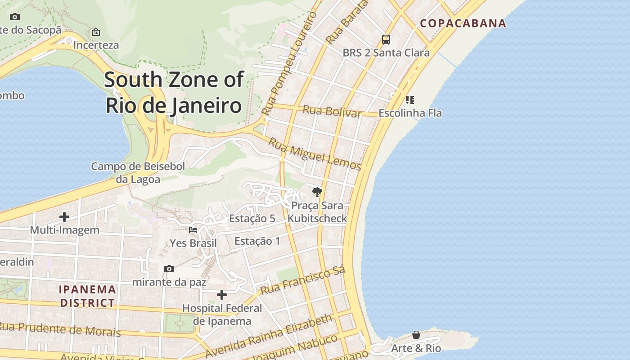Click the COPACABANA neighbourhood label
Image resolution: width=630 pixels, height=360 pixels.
coord(463,23)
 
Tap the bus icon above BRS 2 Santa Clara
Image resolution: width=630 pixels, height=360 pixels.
coord(386,40)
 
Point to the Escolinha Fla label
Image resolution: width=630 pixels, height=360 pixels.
coord(410,113)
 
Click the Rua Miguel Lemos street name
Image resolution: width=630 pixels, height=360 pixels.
coord(315,154)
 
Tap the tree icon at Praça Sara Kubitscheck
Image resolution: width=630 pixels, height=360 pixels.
coord(317,192)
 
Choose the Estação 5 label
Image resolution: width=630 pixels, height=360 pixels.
coord(252,219)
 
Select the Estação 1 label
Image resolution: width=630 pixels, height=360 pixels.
coord(257,241)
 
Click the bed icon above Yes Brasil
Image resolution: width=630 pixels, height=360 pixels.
coord(193,230)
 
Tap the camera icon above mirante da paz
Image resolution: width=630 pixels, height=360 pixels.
coord(169,269)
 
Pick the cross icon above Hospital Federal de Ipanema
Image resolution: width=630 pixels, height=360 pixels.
coord(222,295)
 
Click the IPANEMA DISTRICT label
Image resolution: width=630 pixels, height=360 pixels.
coord(88,296)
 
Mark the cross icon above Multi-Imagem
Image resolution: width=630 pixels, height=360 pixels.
coord(64,217)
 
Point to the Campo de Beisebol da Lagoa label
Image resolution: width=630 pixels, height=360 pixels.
coord(138,173)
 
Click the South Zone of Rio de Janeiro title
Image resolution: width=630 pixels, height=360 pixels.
coord(174,92)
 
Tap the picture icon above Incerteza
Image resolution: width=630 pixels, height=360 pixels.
coord(96,32)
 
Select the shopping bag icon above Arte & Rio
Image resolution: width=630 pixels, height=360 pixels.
coord(416,335)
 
